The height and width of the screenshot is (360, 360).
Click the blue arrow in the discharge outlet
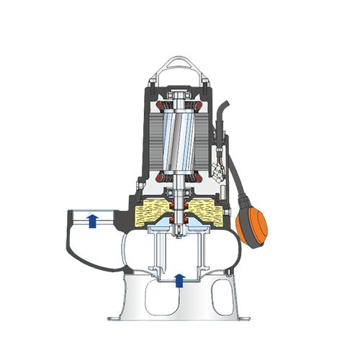(x=92, y=221)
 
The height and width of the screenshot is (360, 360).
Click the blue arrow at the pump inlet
(x=179, y=279)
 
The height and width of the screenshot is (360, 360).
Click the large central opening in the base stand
(x=179, y=297)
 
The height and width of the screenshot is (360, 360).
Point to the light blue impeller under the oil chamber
(x=178, y=228)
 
